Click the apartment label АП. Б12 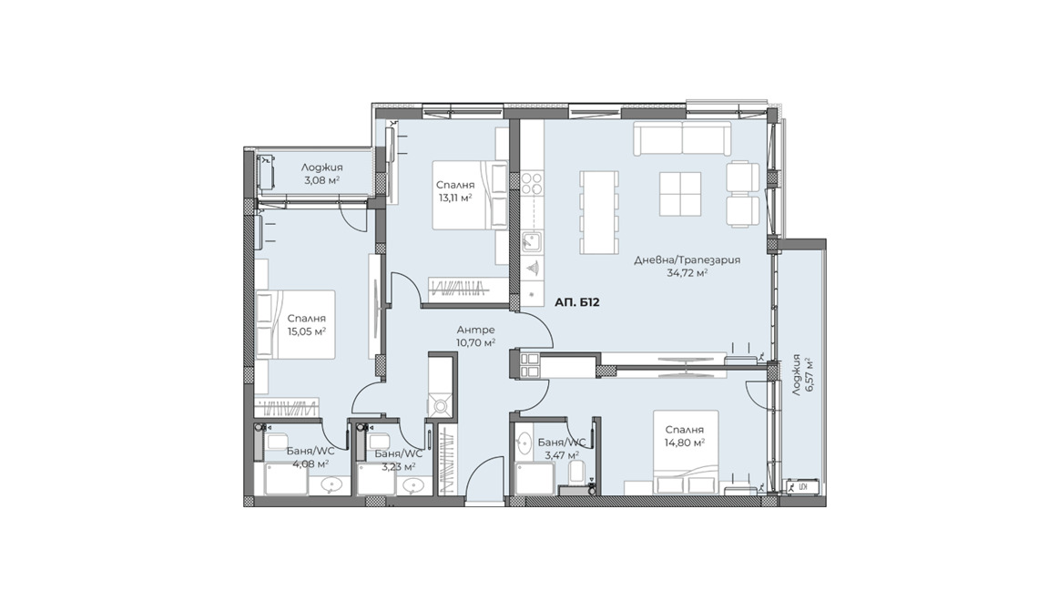[576, 302]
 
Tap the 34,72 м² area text [687, 273]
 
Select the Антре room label [475, 329]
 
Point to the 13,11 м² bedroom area [455, 198]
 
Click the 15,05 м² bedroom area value [306, 331]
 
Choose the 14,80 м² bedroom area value [685, 442]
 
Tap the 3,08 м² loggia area [321, 180]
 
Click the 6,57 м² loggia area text [809, 378]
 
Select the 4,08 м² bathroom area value [310, 463]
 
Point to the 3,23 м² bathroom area [399, 466]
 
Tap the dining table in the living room [599, 212]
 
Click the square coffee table [679, 194]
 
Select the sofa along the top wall [682, 137]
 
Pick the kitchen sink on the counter [532, 241]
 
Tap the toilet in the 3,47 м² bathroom [577, 473]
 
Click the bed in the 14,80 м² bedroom [686, 453]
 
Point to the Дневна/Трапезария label [687, 259]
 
